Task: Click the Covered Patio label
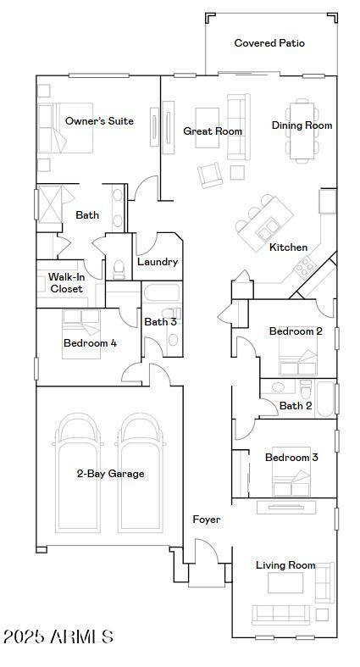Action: pyautogui.click(x=269, y=43)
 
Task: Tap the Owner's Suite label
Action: pyautogui.click(x=99, y=121)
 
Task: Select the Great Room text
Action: pyautogui.click(x=213, y=131)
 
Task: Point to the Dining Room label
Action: pyautogui.click(x=302, y=125)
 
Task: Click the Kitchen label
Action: pyautogui.click(x=288, y=247)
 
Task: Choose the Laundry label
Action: pyautogui.click(x=158, y=262)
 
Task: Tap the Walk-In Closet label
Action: pyautogui.click(x=65, y=283)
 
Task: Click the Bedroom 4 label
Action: pyautogui.click(x=90, y=343)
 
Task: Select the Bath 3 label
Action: pyautogui.click(x=160, y=322)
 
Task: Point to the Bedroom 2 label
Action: pyautogui.click(x=295, y=331)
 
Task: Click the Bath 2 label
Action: pyautogui.click(x=296, y=406)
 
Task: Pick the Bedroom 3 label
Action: pyautogui.click(x=291, y=458)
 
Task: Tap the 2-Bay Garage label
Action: pyautogui.click(x=110, y=474)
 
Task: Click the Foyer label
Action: pyautogui.click(x=207, y=520)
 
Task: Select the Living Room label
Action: pyautogui.click(x=285, y=565)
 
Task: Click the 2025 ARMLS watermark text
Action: pyautogui.click(x=58, y=636)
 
